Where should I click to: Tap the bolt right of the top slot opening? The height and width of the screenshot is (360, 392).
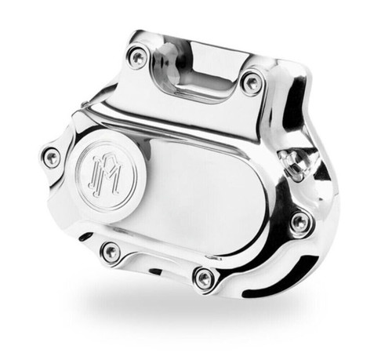tap(252, 82)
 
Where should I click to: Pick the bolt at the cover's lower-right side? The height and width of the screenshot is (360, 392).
tap(299, 224)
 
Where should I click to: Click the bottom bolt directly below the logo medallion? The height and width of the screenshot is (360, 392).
tap(111, 252)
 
